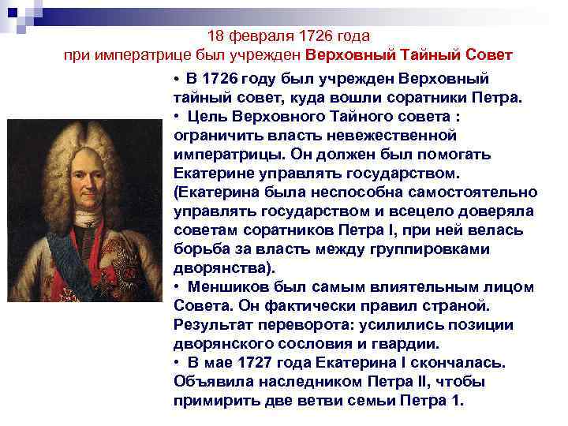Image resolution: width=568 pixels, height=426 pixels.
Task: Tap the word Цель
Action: (204, 117)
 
